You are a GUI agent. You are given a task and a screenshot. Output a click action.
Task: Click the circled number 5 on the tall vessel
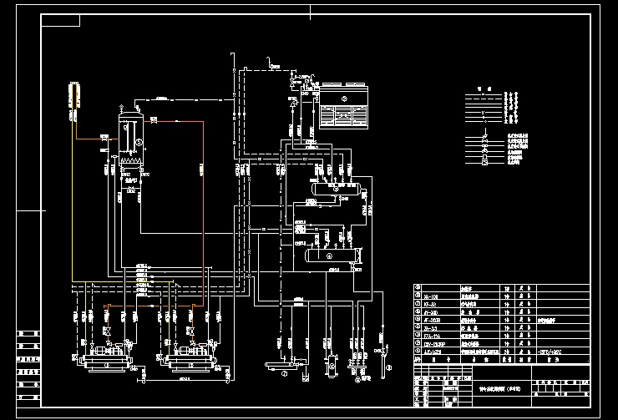(128, 143)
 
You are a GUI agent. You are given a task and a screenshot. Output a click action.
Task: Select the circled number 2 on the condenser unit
(342, 99)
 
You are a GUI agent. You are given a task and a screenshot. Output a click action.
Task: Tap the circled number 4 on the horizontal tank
(328, 256)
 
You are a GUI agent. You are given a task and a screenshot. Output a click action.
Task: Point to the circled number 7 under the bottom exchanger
(283, 375)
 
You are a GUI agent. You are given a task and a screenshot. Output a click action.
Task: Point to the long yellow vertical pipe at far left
(73, 200)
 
